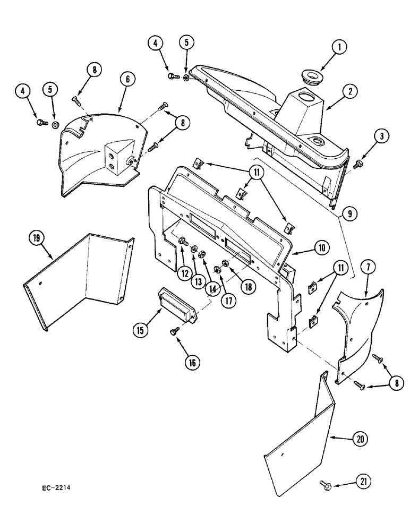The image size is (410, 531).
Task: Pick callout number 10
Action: pos(323,247)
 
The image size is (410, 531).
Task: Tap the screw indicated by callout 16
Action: pos(174,331)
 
